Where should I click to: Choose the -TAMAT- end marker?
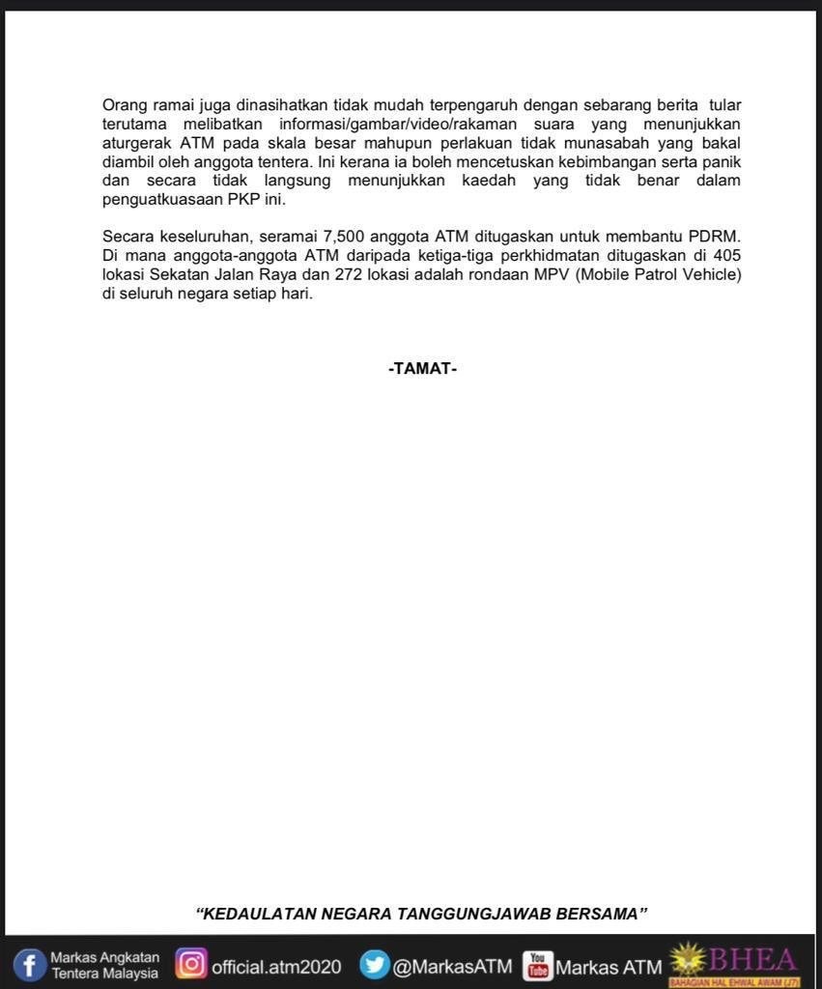(x=422, y=368)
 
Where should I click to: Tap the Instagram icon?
(x=191, y=964)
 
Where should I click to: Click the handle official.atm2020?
(x=276, y=966)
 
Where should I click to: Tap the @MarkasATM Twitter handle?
(x=452, y=966)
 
